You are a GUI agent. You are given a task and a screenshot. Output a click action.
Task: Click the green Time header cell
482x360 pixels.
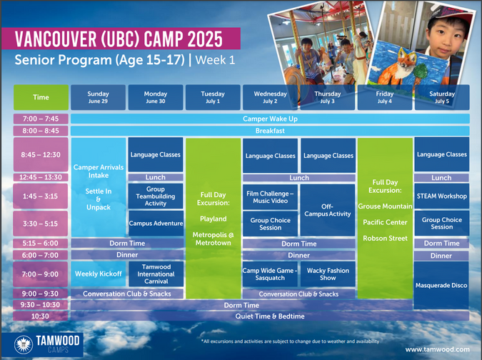click(41, 97)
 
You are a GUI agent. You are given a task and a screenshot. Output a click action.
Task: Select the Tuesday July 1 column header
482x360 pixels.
click(213, 97)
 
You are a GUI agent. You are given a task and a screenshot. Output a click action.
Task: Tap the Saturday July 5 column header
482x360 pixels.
click(442, 97)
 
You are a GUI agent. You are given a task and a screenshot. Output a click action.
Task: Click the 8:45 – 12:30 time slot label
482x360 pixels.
click(41, 154)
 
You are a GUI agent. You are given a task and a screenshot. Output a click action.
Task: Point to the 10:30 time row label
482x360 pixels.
click(40, 316)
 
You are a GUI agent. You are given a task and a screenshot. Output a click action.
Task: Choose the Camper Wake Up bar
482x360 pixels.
click(270, 119)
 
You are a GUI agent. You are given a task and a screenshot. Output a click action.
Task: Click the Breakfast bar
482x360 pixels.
click(270, 131)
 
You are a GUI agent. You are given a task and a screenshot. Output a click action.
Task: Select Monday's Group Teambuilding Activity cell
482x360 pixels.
click(156, 196)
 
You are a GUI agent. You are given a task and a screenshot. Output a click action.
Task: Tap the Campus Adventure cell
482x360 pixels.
click(156, 223)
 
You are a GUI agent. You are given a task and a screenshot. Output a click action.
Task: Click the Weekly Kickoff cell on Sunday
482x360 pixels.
click(99, 274)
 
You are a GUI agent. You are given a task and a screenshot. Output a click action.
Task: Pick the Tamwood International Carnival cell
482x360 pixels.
click(156, 274)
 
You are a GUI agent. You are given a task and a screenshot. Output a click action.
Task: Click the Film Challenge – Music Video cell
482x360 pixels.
click(270, 197)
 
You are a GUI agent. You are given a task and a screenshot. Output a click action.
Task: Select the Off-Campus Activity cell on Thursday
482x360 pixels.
click(328, 210)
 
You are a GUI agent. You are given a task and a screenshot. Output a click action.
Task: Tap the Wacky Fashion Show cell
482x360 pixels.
click(328, 274)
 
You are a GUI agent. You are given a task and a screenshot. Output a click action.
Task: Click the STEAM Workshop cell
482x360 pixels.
click(442, 196)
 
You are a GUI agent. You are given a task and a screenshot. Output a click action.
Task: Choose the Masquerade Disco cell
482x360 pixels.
click(441, 285)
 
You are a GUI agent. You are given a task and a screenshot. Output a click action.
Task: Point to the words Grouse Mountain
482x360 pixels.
click(385, 206)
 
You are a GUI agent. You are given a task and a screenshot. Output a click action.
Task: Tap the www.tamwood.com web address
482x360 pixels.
click(437, 349)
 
